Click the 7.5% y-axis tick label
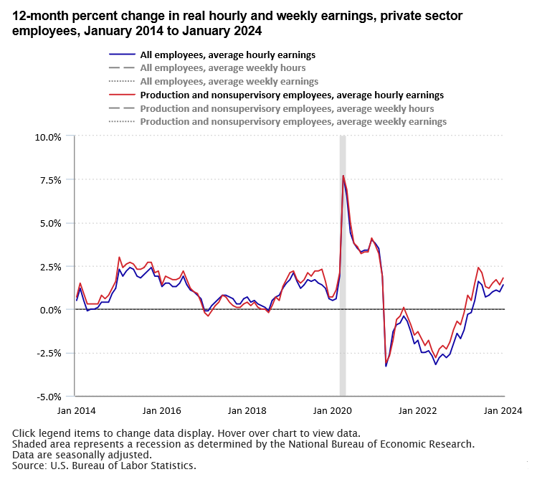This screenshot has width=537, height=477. click(x=49, y=180)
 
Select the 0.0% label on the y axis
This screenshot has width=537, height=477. click(x=49, y=310)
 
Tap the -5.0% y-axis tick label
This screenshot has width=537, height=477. click(x=48, y=396)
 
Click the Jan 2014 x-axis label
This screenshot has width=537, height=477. click(x=75, y=411)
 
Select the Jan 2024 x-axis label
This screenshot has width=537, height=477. click(x=501, y=411)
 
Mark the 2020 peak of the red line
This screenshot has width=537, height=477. click(x=343, y=176)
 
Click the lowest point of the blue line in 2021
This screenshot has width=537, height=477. click(x=386, y=367)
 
